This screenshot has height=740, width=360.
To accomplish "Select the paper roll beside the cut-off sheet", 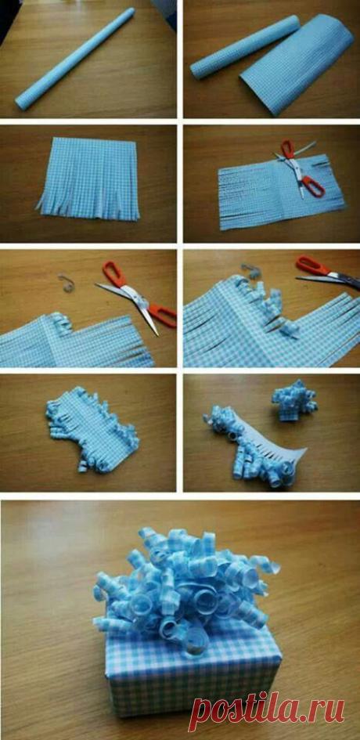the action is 244,48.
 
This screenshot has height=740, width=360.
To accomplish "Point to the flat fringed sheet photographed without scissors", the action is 90,179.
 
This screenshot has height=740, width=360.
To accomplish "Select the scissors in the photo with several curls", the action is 328,273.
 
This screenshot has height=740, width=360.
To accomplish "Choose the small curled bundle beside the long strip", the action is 293,399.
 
